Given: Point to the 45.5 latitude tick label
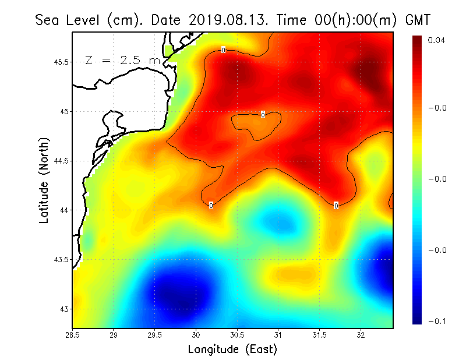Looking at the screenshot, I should [59, 62].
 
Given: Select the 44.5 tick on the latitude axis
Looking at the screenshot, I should [59, 161].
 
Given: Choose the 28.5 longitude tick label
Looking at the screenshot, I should [72, 335].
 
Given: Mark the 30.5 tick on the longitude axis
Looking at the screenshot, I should [237, 335].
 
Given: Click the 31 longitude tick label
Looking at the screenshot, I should [278, 335].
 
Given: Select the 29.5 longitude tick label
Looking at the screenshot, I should [155, 335].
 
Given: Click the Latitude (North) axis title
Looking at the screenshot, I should [44, 179].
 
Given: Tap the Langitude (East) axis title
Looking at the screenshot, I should [232, 350].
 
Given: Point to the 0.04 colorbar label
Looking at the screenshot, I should [436, 40].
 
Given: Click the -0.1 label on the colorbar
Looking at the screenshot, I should [436, 321].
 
